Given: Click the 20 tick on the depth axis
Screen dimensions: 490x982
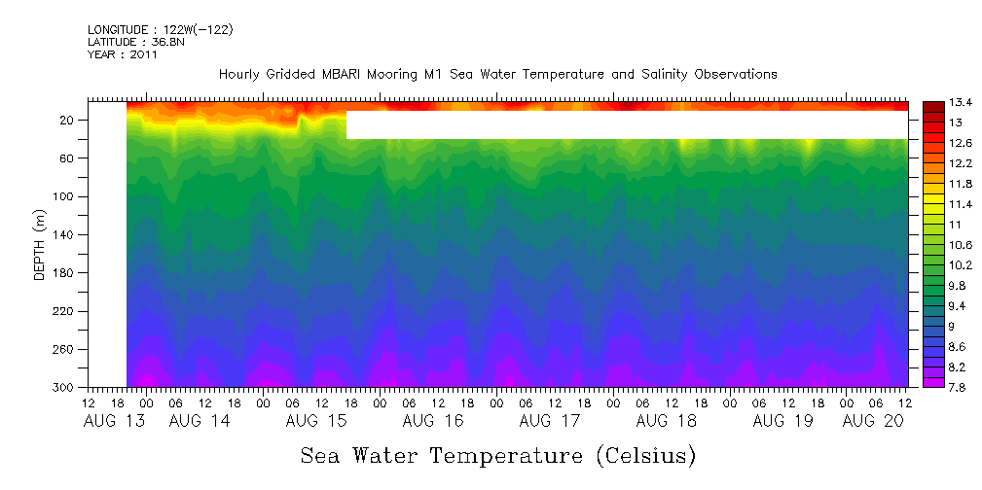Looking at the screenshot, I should pyautogui.click(x=68, y=121).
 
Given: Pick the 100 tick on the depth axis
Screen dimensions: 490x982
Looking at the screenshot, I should pyautogui.click(x=65, y=196).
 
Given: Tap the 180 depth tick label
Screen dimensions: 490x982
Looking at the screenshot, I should pyautogui.click(x=65, y=273).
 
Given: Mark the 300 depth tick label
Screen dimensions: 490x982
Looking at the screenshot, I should pyautogui.click(x=65, y=388).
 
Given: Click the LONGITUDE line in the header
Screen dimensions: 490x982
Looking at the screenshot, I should pyautogui.click(x=160, y=30).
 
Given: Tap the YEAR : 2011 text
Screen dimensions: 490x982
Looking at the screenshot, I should pyautogui.click(x=122, y=54).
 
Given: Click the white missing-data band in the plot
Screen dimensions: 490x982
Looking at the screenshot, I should pyautogui.click(x=627, y=125).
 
